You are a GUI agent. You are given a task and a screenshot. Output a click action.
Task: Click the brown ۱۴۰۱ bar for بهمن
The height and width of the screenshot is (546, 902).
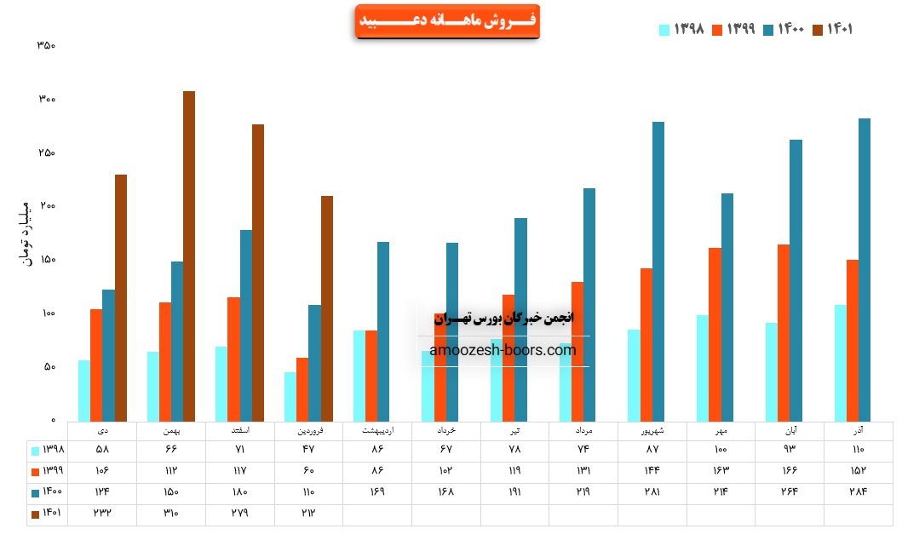(x=189, y=256)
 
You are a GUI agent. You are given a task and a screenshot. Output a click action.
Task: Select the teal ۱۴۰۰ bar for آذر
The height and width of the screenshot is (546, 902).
(x=865, y=269)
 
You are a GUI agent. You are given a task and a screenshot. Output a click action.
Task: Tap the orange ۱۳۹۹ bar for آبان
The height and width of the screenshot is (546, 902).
(x=784, y=332)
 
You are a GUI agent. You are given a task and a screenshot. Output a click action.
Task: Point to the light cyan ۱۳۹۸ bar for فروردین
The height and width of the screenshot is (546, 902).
(x=290, y=397)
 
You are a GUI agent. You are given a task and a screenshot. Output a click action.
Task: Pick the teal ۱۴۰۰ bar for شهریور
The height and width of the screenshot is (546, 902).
(x=658, y=271)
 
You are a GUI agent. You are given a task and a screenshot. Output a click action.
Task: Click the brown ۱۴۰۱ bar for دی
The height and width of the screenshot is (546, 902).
(x=121, y=297)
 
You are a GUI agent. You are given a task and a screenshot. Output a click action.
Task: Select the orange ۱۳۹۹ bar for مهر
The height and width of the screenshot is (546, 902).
(x=715, y=334)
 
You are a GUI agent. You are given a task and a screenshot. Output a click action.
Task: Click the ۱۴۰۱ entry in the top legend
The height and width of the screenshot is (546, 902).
(x=832, y=29)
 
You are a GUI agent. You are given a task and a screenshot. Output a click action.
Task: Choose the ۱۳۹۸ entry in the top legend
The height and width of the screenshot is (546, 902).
(x=681, y=29)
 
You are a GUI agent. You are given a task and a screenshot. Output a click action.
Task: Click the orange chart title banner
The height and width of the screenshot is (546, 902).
(x=446, y=20)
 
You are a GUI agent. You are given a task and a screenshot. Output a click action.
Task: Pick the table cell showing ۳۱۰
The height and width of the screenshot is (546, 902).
(x=171, y=514)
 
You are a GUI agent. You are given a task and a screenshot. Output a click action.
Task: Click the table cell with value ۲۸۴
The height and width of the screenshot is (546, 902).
(x=858, y=491)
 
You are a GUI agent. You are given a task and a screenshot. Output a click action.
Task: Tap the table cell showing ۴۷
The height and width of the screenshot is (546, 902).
(x=309, y=449)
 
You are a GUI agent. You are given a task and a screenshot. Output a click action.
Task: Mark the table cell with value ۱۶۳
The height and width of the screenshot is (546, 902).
(x=720, y=470)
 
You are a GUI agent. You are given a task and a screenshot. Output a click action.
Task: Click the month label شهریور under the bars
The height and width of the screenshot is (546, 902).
(x=652, y=431)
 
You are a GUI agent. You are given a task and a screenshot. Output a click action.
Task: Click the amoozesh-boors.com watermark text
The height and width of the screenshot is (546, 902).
(x=503, y=350)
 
